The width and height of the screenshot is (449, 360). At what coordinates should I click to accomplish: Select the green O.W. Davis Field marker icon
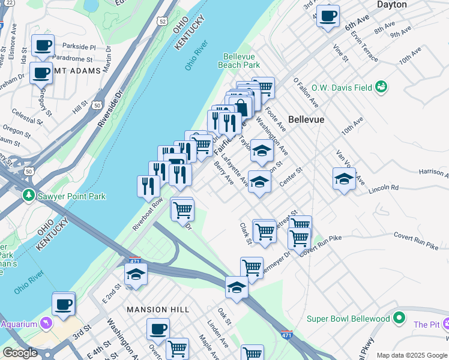381,88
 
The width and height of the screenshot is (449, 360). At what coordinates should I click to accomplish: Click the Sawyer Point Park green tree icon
28,196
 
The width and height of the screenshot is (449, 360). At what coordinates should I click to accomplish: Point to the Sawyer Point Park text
71,196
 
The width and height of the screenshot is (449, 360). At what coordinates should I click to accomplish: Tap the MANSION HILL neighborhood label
158,310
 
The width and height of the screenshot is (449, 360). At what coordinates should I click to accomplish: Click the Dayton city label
408,5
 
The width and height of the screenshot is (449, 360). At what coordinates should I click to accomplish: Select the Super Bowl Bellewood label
348,319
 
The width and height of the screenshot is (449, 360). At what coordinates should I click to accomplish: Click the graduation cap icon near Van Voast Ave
344,178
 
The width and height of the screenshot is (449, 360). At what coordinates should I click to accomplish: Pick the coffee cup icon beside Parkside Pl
43,45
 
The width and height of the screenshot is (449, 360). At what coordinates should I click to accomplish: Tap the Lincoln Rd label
385,188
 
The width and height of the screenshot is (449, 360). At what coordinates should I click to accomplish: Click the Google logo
20,353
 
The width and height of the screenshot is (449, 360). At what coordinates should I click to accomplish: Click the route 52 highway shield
163,21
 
